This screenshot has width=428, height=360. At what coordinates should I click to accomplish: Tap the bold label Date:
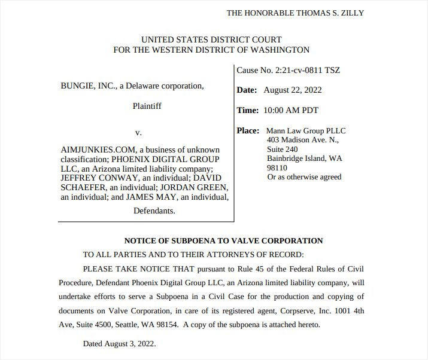(247, 90)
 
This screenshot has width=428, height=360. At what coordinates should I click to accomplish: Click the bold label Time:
(248, 110)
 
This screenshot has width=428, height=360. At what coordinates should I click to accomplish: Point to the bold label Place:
(248, 130)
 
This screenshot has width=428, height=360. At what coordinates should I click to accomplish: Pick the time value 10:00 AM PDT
(290, 110)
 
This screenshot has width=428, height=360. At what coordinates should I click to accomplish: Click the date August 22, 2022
(292, 90)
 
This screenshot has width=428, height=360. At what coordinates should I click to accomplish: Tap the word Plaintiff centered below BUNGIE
(147, 106)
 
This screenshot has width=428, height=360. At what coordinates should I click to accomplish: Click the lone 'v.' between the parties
(138, 132)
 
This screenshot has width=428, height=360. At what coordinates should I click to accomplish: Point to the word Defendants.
(154, 210)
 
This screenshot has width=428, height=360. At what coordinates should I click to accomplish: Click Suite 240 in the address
(283, 150)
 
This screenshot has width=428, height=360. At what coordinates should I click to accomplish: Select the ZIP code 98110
(277, 168)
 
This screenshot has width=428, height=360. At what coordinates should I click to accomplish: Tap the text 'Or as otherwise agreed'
(304, 177)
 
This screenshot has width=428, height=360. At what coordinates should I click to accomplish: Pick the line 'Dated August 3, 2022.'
(119, 344)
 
